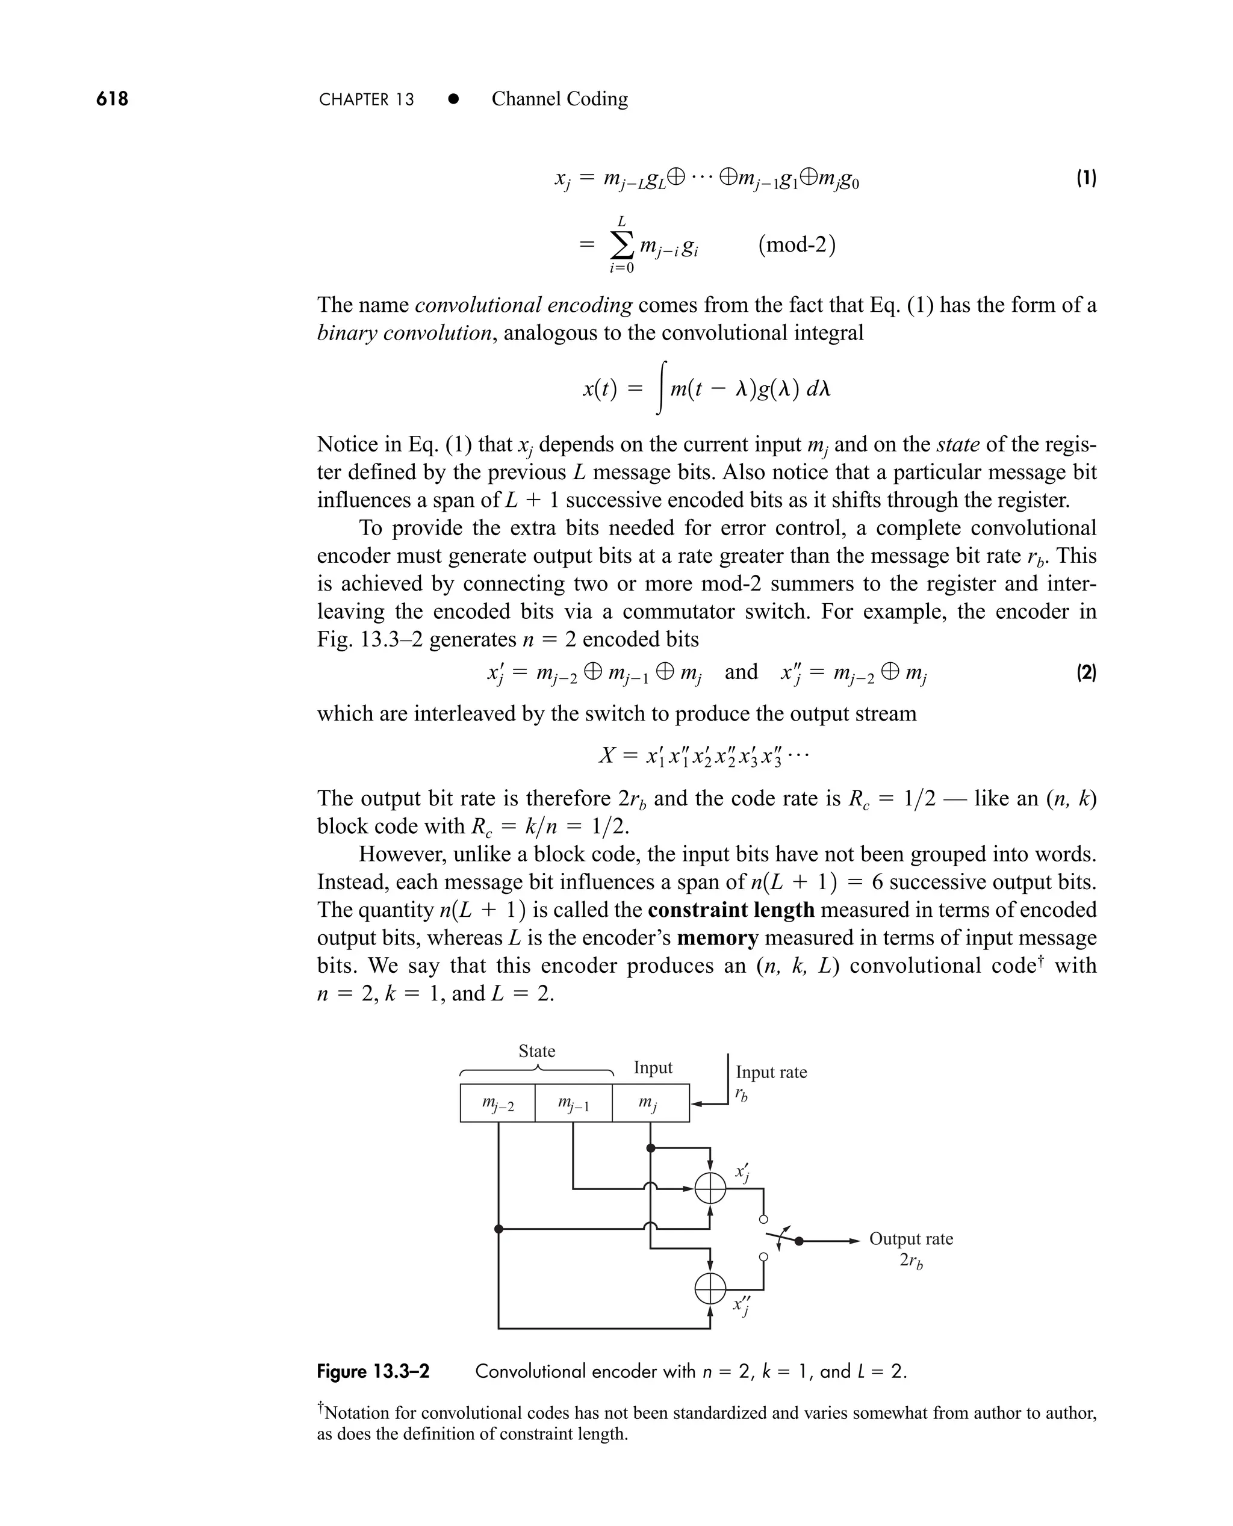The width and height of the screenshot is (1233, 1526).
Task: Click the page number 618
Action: coord(112,99)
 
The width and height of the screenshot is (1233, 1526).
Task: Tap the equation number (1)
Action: coord(1086,178)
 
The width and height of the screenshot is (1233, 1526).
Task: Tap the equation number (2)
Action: coord(1086,672)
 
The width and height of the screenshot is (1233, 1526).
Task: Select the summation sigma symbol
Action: coord(621,246)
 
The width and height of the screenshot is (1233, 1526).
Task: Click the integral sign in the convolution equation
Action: coord(661,388)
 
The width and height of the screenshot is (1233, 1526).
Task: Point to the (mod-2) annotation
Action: coord(796,244)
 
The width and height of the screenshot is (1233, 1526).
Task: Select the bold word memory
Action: coord(718,938)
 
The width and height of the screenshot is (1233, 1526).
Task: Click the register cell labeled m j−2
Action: coord(497,1103)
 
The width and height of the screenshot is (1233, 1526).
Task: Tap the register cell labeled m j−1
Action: coord(573,1103)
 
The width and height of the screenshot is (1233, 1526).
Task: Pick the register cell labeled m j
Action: coord(650,1103)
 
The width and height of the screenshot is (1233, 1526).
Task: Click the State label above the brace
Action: coord(536,1051)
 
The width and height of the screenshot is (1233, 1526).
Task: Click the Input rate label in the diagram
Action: coord(771,1072)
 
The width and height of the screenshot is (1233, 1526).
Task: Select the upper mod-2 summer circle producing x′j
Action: coord(710,1188)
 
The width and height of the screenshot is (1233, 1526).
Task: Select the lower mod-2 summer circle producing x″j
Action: coord(710,1289)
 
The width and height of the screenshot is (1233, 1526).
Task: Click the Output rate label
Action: coord(910,1238)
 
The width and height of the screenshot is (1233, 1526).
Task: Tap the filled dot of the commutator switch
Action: coord(799,1241)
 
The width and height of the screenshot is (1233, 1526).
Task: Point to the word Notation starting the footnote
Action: coord(356,1413)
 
